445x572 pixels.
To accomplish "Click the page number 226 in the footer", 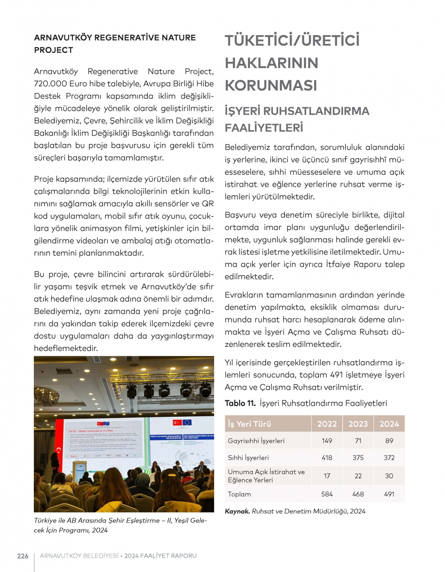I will pyautogui.click(x=23, y=556).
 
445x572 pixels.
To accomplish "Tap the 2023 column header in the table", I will pyautogui.click(x=358, y=424).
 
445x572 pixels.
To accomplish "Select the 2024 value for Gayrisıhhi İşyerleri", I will pyautogui.click(x=389, y=441).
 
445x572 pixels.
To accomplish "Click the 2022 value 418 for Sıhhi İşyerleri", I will pyautogui.click(x=327, y=458).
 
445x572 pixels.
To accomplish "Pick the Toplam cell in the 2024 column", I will pyautogui.click(x=389, y=494).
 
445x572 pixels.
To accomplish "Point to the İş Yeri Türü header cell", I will pyautogui.click(x=250, y=424).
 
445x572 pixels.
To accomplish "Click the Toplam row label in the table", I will pyautogui.click(x=239, y=494).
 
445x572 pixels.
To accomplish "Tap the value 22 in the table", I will pyautogui.click(x=358, y=476).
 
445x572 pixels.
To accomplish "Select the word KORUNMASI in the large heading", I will pyautogui.click(x=271, y=85).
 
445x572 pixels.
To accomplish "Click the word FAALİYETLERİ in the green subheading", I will pyautogui.click(x=264, y=128).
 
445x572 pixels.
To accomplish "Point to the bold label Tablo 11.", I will pyautogui.click(x=240, y=403).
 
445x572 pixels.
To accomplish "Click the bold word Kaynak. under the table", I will pyautogui.click(x=237, y=512).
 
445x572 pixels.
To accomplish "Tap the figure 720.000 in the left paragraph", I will pyautogui.click(x=50, y=84).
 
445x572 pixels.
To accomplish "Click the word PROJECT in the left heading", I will pyautogui.click(x=53, y=50).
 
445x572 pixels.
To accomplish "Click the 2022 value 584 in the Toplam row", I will pyautogui.click(x=327, y=494).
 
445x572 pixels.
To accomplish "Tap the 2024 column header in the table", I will pyautogui.click(x=389, y=424).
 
